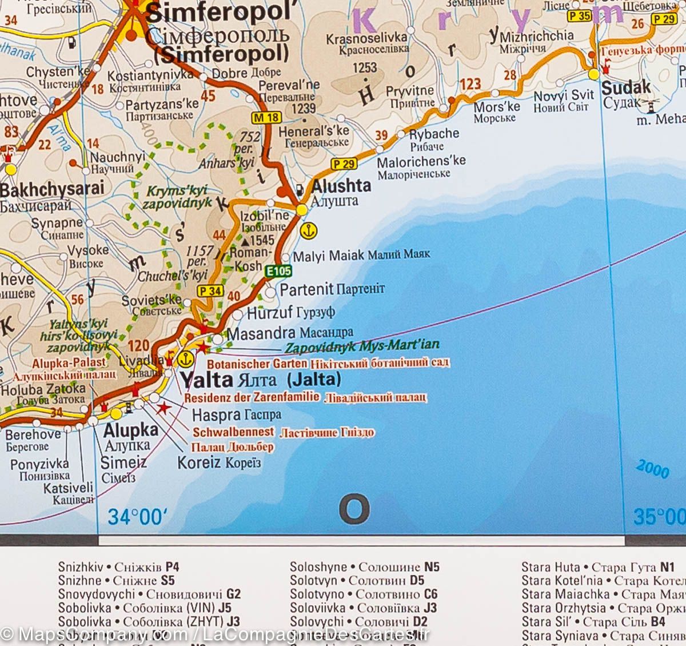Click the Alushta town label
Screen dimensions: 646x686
(x=341, y=186)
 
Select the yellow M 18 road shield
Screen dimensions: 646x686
(x=266, y=118)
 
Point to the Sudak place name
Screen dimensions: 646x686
(x=626, y=87)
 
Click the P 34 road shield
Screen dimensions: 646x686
(x=210, y=291)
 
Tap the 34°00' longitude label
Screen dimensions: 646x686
(x=137, y=517)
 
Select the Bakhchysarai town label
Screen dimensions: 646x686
(x=53, y=189)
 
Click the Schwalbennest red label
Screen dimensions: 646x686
(x=233, y=432)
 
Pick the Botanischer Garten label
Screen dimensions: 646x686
(x=257, y=364)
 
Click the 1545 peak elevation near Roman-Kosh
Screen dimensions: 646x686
(x=261, y=241)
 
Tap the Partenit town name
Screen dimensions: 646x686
(x=306, y=289)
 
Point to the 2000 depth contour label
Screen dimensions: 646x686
(x=652, y=470)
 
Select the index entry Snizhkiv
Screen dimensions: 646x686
(x=81, y=567)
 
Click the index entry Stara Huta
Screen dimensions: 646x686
(x=550, y=567)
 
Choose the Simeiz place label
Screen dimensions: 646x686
(x=123, y=462)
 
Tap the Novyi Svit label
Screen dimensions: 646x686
(x=564, y=95)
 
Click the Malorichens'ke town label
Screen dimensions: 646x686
(x=421, y=162)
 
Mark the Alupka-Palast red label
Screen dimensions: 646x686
(x=69, y=362)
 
